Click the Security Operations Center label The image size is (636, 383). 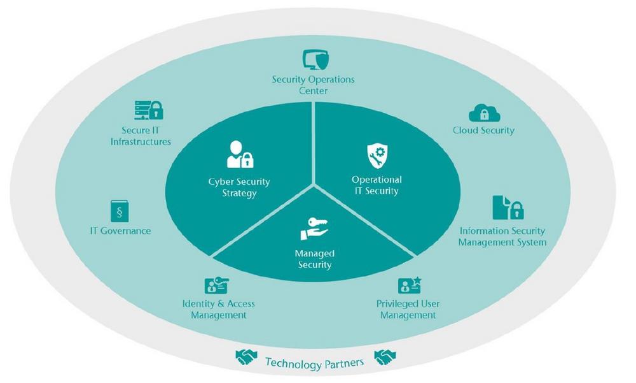coord(313,85)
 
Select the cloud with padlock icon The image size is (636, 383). coord(485,113)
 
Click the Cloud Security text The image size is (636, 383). coord(483,131)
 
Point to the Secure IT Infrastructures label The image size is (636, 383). coord(141,136)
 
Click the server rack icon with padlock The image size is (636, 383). coord(148,110)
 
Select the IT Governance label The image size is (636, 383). coord(120,231)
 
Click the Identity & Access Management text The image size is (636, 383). coord(218,309)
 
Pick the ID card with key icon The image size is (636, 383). coord(216,285)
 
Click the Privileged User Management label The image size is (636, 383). coord(407,309)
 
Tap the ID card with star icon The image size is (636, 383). coord(409,285)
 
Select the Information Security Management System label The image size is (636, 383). coord(502,236)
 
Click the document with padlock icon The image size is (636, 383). coord(508,208)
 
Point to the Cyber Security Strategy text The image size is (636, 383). coord(239,187)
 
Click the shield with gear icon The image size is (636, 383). coord(377,155)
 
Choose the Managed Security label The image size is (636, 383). coord(314,259)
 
